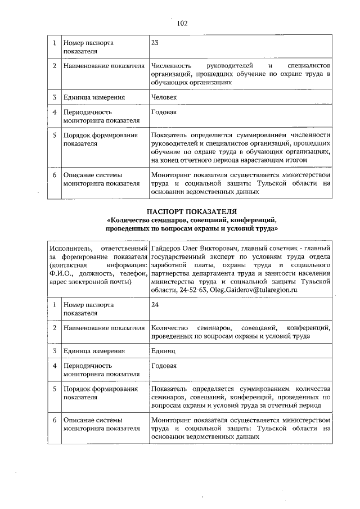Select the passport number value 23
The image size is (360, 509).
coord(155,43)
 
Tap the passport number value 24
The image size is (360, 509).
coord(155,305)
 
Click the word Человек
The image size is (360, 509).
coord(164,97)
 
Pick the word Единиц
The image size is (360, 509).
coord(163,351)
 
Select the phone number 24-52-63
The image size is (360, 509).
coord(192,290)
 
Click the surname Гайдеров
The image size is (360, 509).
coord(166,248)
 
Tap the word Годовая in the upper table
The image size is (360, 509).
coord(164,112)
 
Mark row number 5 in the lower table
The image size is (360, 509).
coord(54,389)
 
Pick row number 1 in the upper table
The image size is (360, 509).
coord(54,43)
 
